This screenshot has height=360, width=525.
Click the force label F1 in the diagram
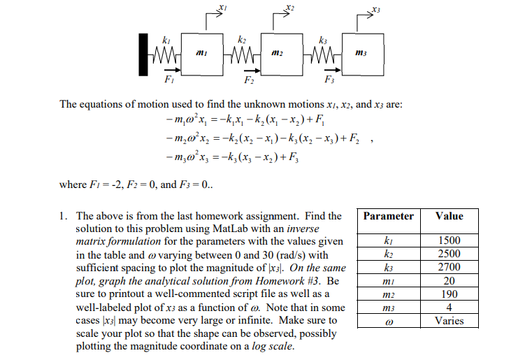168,80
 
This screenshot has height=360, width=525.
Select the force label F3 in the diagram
329,81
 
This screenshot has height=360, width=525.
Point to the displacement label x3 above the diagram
376,9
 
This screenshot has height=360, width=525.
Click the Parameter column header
388,216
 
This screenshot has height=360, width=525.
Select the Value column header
449,216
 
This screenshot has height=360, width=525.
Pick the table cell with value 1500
449,240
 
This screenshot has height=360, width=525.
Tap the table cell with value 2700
449,267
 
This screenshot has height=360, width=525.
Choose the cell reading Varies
449,321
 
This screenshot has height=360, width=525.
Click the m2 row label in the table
388,294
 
